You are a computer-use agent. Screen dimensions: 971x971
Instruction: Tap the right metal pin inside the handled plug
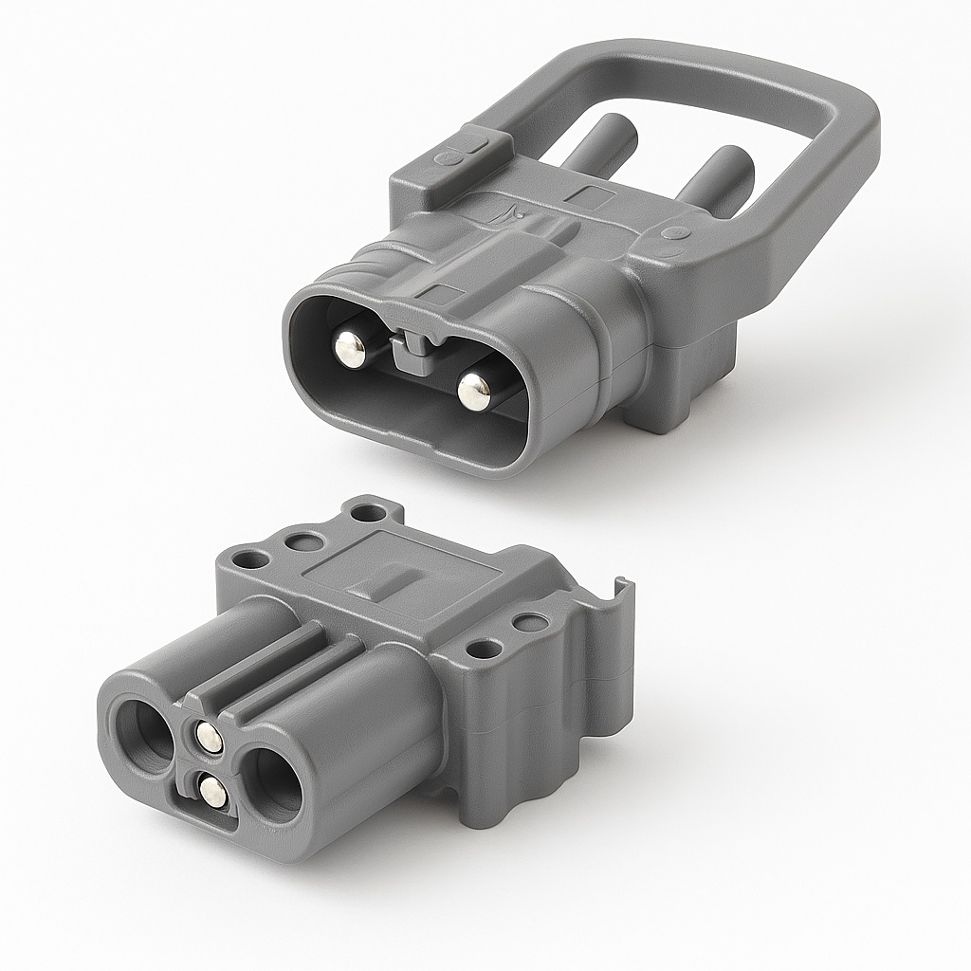(x=472, y=389)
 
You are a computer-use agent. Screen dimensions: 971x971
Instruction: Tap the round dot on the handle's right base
(x=675, y=232)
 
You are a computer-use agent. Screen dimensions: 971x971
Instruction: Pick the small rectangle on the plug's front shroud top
(x=445, y=291)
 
